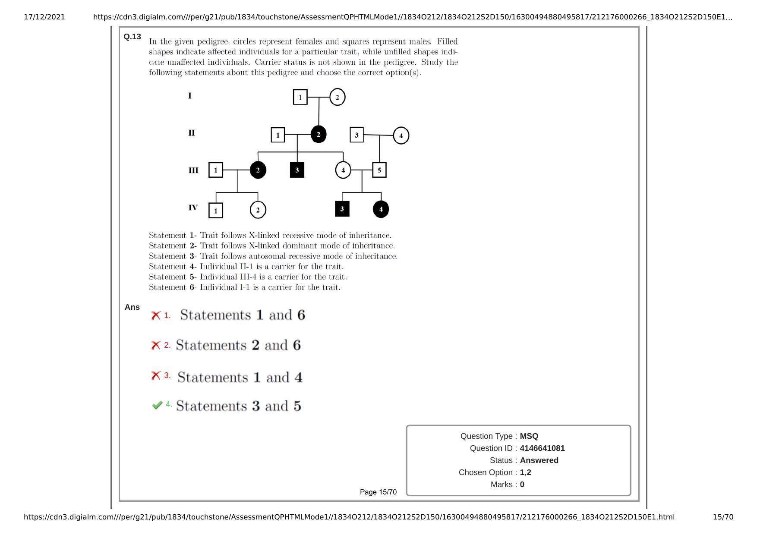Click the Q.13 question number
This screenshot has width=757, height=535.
[x=132, y=37]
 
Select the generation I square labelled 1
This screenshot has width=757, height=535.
[x=300, y=97]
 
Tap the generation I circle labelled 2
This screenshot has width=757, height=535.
[x=337, y=97]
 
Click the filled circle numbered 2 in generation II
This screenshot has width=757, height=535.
[x=319, y=135]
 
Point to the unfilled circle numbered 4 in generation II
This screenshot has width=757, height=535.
[x=401, y=135]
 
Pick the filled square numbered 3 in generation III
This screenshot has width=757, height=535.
[x=297, y=170]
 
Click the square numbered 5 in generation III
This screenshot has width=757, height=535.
[x=379, y=170]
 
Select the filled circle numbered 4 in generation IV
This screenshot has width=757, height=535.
[x=381, y=209]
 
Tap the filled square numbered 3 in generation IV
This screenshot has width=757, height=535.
[x=342, y=209]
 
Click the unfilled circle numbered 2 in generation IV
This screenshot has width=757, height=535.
[x=258, y=210]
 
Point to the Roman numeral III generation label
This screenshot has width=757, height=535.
[x=193, y=170]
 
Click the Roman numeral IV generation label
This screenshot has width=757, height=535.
[x=193, y=208]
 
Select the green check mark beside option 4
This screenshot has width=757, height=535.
[x=157, y=405]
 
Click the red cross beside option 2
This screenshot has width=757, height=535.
[x=155, y=345]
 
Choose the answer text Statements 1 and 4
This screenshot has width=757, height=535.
[x=240, y=378]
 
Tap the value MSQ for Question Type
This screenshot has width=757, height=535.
[x=529, y=436]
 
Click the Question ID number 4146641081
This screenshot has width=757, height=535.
[x=542, y=448]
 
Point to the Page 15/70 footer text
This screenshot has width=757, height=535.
[x=378, y=492]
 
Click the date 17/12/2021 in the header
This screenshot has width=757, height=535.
[x=44, y=17]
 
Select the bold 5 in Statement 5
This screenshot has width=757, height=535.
[x=192, y=277]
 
